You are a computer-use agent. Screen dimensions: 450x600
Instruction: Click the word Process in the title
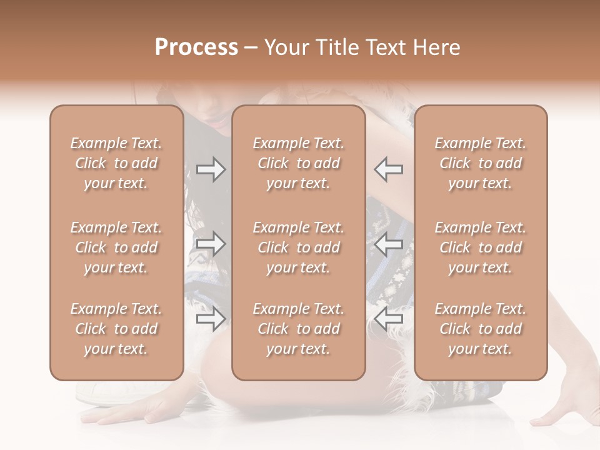[x=196, y=47]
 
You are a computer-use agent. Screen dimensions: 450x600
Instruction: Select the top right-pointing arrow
[x=211, y=169]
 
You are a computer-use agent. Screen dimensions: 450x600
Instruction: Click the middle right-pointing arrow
[x=211, y=244]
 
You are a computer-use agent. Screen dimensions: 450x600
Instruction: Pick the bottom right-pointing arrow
[x=211, y=319]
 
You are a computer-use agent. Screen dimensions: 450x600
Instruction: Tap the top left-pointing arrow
[x=388, y=169]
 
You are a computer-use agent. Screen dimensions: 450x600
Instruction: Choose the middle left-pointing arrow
[x=388, y=244]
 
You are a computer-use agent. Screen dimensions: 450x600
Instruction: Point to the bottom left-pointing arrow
[x=388, y=319]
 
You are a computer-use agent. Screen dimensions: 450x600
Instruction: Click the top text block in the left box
[x=116, y=163]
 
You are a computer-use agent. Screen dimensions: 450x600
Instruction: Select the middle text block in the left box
[x=116, y=247]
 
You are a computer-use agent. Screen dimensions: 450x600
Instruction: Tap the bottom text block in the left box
[x=116, y=329]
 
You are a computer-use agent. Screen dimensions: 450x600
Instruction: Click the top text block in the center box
[x=298, y=163]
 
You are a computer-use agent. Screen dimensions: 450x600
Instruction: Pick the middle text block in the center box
[x=298, y=247]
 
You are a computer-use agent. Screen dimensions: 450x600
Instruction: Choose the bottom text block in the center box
[x=298, y=329]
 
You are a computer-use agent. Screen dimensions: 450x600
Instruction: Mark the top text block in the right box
[x=480, y=163]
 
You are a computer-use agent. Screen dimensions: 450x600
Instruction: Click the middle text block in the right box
[x=480, y=247]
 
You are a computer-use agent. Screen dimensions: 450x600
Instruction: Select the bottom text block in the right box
[x=480, y=329]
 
